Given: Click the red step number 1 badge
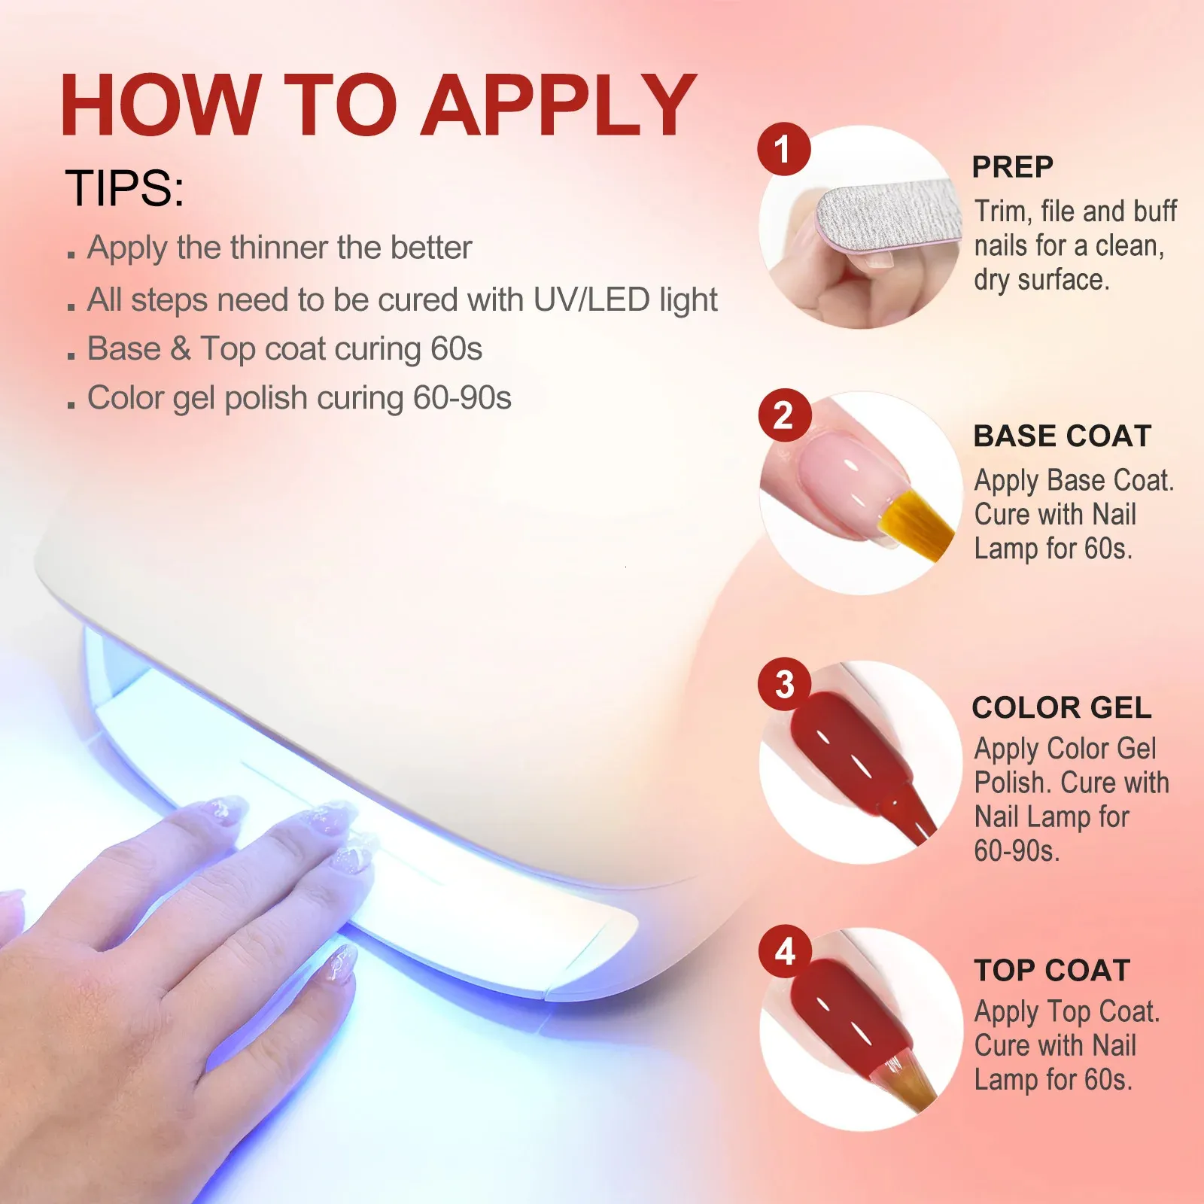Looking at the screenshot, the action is pyautogui.click(x=783, y=148).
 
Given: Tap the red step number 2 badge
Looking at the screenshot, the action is pyautogui.click(x=783, y=415).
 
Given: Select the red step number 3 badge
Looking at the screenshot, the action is pyautogui.click(x=784, y=684).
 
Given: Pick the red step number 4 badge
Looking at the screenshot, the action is pyautogui.click(x=784, y=952).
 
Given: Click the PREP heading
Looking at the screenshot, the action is pyautogui.click(x=1012, y=167).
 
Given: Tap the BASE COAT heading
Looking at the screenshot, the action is pyautogui.click(x=1063, y=436).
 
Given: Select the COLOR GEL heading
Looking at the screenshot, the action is pyautogui.click(x=1062, y=707).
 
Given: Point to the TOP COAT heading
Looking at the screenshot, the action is pyautogui.click(x=1052, y=971).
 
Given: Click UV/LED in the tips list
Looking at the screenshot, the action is pyautogui.click(x=591, y=300).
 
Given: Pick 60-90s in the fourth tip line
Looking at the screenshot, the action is pyautogui.click(x=462, y=398).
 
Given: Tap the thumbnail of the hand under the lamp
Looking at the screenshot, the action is pyautogui.click(x=341, y=962).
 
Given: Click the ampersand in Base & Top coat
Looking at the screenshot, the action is pyautogui.click(x=181, y=349).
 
